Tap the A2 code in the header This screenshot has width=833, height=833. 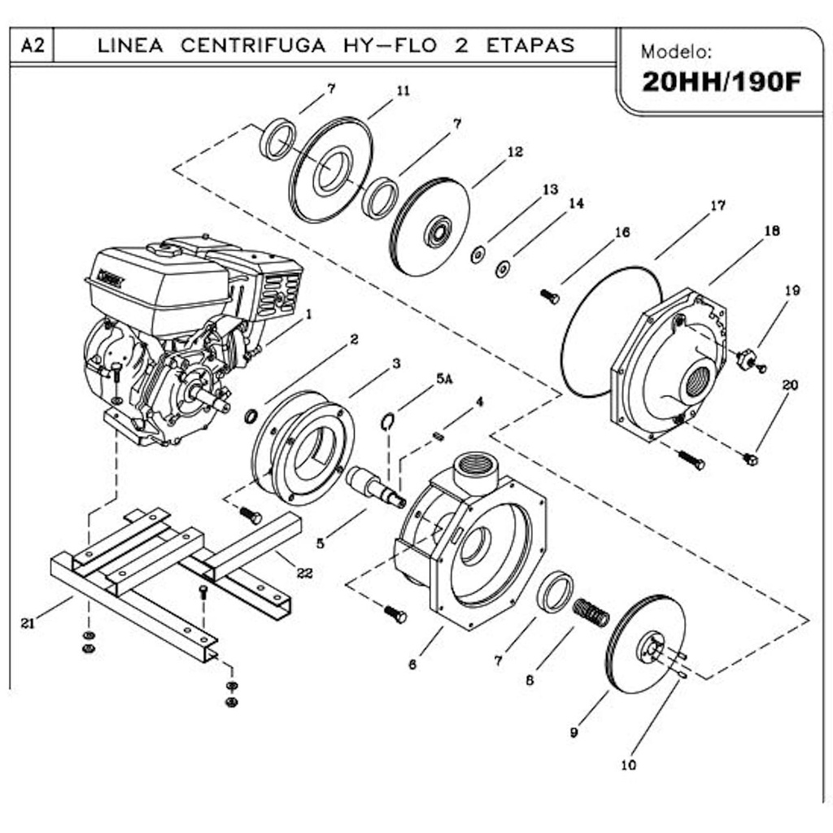pyautogui.click(x=33, y=46)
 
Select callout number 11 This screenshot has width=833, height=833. pyautogui.click(x=403, y=91)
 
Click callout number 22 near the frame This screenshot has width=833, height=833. pyautogui.click(x=304, y=573)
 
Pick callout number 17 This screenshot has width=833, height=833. pyautogui.click(x=717, y=206)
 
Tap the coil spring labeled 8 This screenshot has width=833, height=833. pyautogui.click(x=591, y=612)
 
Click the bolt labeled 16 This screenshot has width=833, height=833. pyautogui.click(x=550, y=296)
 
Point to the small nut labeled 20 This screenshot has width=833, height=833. pyautogui.click(x=750, y=460)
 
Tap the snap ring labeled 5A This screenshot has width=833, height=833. pyautogui.click(x=390, y=420)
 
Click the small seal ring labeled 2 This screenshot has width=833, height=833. pyautogui.click(x=251, y=416)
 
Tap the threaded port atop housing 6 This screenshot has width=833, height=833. pyautogui.click(x=476, y=469)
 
